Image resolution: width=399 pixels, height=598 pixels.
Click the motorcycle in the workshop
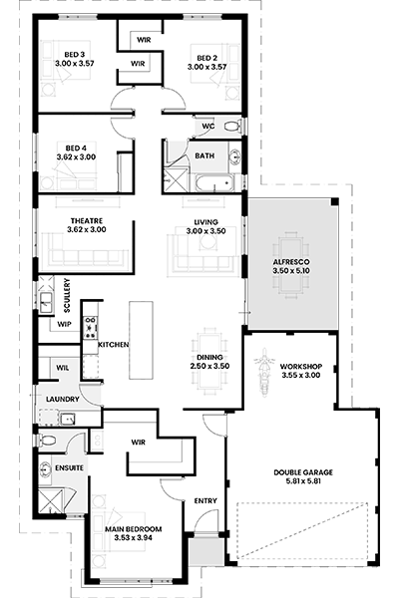[x=263, y=372]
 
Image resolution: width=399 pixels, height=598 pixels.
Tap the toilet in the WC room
[x=232, y=126]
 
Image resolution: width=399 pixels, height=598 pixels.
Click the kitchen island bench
[x=141, y=340]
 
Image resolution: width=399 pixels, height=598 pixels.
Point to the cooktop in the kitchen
[x=91, y=327]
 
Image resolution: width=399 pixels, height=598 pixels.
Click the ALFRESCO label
[x=291, y=262]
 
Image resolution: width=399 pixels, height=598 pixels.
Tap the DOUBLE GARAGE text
[x=303, y=472]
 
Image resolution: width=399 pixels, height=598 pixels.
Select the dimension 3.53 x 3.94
[x=134, y=538]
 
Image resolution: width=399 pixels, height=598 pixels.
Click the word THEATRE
[x=87, y=221]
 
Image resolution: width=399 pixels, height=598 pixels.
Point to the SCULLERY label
[x=67, y=296]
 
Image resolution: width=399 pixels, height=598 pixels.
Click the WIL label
[x=63, y=368]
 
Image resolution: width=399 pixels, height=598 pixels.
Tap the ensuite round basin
[x=45, y=468]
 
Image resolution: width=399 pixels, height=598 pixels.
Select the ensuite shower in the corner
[x=50, y=502]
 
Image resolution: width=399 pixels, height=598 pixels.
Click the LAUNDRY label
[x=63, y=400]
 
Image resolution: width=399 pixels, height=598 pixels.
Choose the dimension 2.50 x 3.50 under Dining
[x=209, y=366]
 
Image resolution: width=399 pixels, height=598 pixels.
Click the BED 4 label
[x=76, y=148]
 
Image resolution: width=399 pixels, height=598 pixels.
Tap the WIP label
[x=64, y=325]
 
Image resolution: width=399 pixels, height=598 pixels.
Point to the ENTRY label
[x=205, y=500]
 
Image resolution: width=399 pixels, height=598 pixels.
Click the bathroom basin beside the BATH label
[x=234, y=156]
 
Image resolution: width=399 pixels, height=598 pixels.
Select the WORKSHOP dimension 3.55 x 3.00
[x=301, y=376]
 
